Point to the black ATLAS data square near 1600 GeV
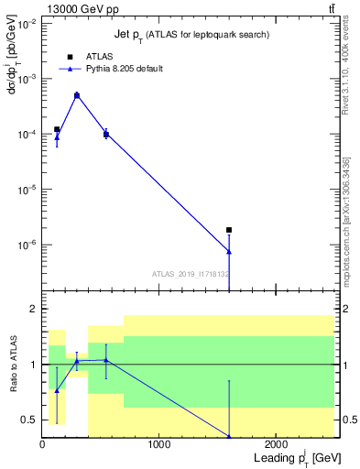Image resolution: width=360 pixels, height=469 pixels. click(229, 230)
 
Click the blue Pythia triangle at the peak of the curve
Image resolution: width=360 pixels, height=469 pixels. click(77, 94)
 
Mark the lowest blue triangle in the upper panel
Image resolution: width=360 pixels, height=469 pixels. click(229, 251)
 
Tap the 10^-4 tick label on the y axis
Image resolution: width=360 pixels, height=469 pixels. click(26, 135)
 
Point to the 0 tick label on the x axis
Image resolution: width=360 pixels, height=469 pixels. click(42, 446)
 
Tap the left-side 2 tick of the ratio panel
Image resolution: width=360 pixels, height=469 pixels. click(34, 310)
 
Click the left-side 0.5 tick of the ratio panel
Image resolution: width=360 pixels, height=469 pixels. click(30, 420)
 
